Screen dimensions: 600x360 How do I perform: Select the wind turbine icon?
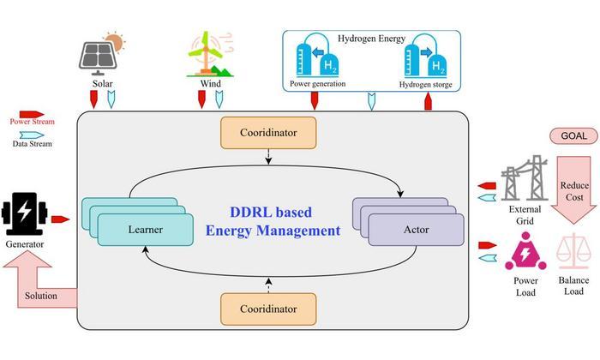tap(210, 54)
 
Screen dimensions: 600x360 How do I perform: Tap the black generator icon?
tap(24, 213)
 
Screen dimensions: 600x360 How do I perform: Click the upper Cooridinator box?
tap(268, 133)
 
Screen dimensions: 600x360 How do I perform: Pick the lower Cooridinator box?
tap(268, 309)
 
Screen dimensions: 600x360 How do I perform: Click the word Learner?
tap(146, 230)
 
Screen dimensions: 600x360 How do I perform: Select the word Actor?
tap(417, 230)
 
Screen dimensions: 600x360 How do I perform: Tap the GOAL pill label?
tap(573, 135)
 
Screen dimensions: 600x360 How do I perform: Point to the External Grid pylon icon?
tap(524, 178)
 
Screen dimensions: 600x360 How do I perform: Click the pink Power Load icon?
tap(525, 252)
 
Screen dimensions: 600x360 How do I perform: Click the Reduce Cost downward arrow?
tap(574, 190)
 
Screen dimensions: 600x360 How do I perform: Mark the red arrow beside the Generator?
tap(61, 219)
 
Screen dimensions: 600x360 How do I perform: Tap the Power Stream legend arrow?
tap(32, 114)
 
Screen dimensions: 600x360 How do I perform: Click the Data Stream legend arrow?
tap(32, 135)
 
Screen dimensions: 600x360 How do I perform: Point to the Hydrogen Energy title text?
tap(371, 39)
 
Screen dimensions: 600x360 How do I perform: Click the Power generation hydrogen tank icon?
tap(317, 56)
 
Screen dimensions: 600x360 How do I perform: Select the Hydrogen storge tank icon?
tap(425, 56)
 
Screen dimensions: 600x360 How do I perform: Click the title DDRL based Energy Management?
tap(273, 221)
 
